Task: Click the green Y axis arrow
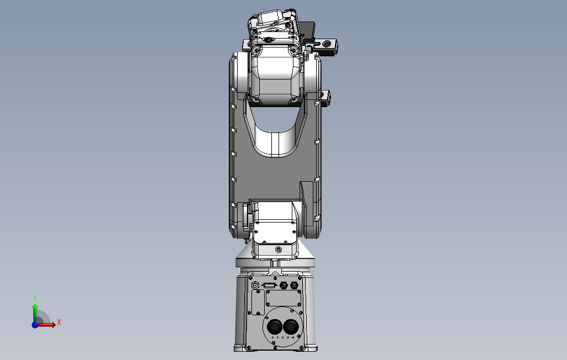click(x=35, y=313)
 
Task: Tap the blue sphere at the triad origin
click(x=35, y=325)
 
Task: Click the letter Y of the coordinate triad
click(x=35, y=298)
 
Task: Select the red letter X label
click(x=59, y=322)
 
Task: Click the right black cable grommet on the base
click(x=290, y=327)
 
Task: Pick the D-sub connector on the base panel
click(x=269, y=285)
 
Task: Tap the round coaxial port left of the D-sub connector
click(x=255, y=285)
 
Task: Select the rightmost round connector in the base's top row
click(x=295, y=285)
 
